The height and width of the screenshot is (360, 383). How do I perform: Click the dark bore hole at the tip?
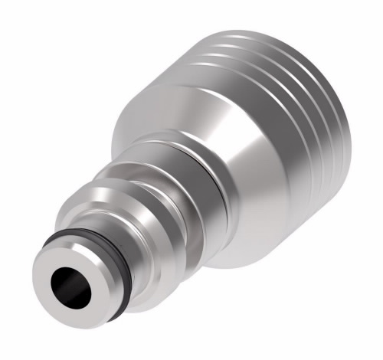tap(67, 285)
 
